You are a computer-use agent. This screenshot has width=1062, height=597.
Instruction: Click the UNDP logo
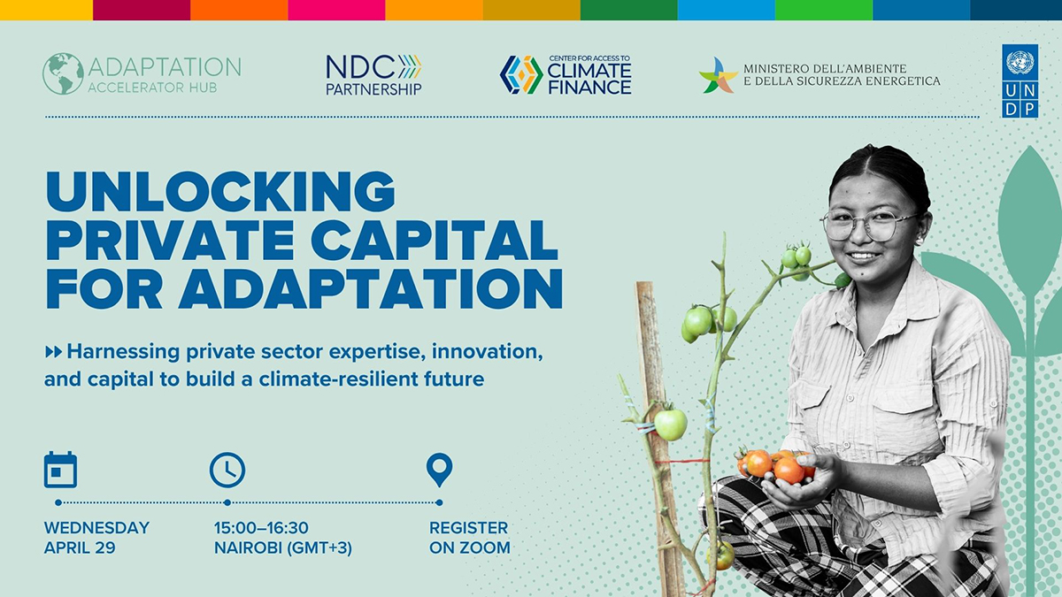point(1020,80)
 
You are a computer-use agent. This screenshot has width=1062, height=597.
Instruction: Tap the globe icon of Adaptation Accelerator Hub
point(63,74)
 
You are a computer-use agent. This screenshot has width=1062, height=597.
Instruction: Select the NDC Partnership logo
point(373,75)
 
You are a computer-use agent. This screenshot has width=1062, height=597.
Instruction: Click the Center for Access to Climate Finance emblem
point(521,75)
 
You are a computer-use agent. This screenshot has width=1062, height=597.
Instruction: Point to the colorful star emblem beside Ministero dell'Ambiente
point(718,75)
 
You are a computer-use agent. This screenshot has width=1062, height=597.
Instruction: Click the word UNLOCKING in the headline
point(220,190)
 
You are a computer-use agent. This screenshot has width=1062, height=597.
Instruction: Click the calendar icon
point(60,470)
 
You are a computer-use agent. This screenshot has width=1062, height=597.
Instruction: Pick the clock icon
point(227,470)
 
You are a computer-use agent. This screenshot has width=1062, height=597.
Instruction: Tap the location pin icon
point(439,470)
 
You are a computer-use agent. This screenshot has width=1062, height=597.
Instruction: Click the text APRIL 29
point(80,547)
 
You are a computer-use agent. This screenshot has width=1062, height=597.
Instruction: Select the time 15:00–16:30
point(261,528)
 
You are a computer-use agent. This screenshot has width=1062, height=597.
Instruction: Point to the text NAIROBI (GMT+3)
point(282,547)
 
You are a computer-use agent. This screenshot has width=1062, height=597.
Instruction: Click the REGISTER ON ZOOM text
point(469,538)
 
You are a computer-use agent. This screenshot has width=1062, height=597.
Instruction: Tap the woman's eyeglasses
point(870,225)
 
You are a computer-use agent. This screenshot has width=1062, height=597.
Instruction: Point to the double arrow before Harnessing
point(53,352)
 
